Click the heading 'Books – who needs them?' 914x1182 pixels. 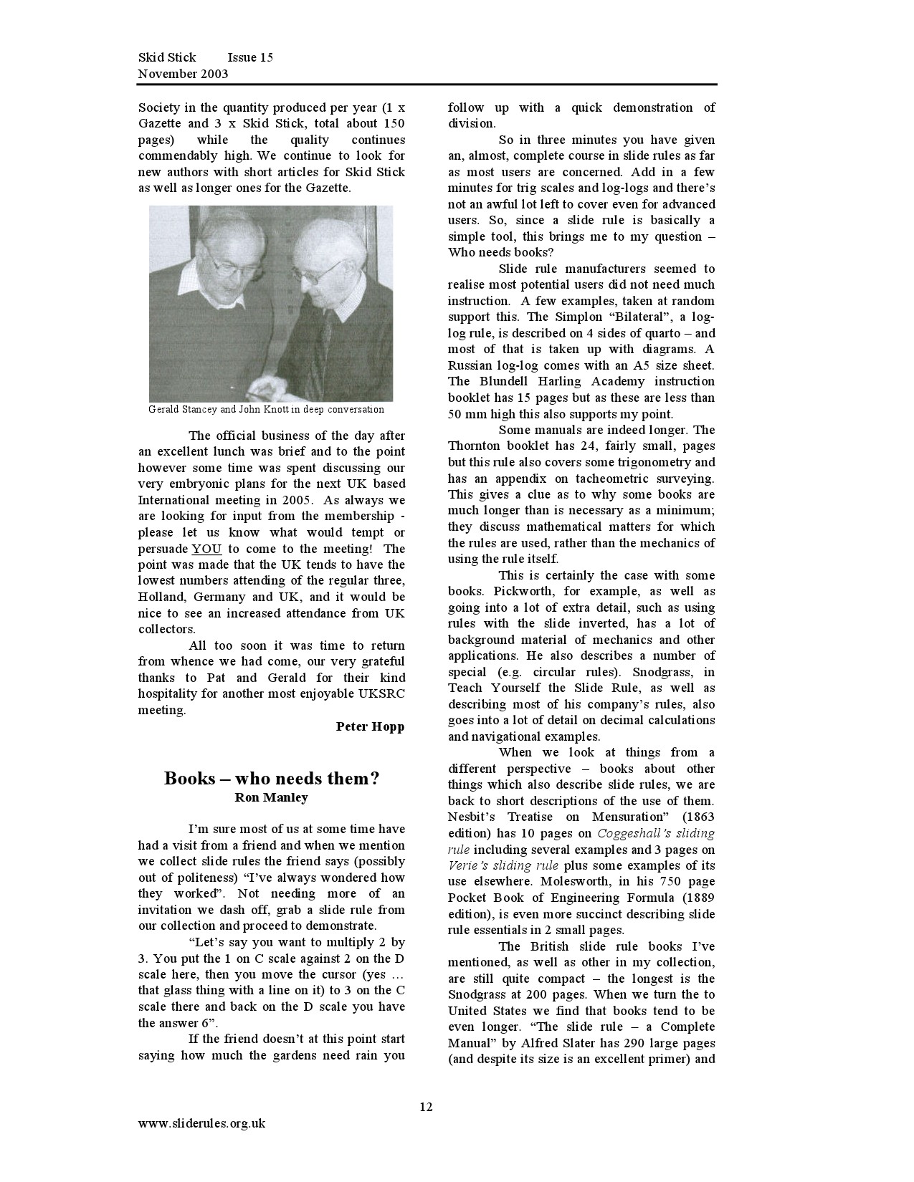tap(272, 778)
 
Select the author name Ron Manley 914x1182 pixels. tap(272, 797)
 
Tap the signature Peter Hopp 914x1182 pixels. tap(370, 726)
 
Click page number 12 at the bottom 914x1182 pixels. tap(427, 1107)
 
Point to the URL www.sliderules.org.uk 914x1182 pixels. tap(201, 1123)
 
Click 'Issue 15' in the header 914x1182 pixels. tap(250, 57)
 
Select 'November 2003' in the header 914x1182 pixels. tap(183, 74)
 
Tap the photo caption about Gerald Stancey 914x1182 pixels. tap(266, 410)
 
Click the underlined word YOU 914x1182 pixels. tap(206, 549)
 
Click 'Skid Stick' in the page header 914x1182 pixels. tap(167, 57)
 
